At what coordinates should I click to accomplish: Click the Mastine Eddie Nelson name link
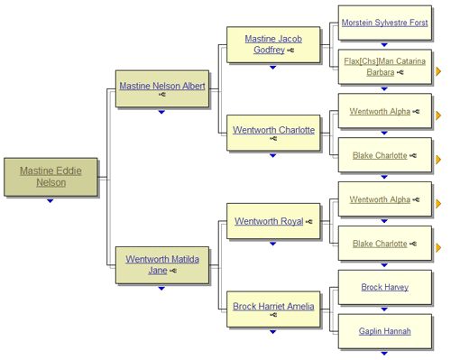click(51, 175)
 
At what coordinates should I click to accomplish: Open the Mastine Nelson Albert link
click(162, 86)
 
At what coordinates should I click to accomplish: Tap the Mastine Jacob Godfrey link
click(272, 44)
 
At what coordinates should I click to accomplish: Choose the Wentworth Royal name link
click(269, 220)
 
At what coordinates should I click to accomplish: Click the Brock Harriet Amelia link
click(273, 306)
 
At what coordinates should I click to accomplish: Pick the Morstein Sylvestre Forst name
click(384, 23)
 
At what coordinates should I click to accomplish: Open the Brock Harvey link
click(384, 287)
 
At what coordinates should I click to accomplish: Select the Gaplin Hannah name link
click(384, 331)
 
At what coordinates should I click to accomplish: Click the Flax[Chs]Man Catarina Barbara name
click(384, 67)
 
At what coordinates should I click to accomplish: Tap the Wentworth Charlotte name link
click(273, 129)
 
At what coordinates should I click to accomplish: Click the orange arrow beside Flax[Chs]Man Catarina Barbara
click(438, 70)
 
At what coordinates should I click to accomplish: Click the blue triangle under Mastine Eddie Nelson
click(51, 200)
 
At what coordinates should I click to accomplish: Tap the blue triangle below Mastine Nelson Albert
click(161, 112)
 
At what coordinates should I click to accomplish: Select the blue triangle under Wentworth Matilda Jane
click(161, 289)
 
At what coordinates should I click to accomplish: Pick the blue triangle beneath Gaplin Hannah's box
click(384, 353)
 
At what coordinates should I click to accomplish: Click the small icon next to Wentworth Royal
click(308, 221)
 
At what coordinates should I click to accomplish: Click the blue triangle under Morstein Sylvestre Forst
click(384, 44)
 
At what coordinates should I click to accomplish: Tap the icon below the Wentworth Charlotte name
click(272, 139)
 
